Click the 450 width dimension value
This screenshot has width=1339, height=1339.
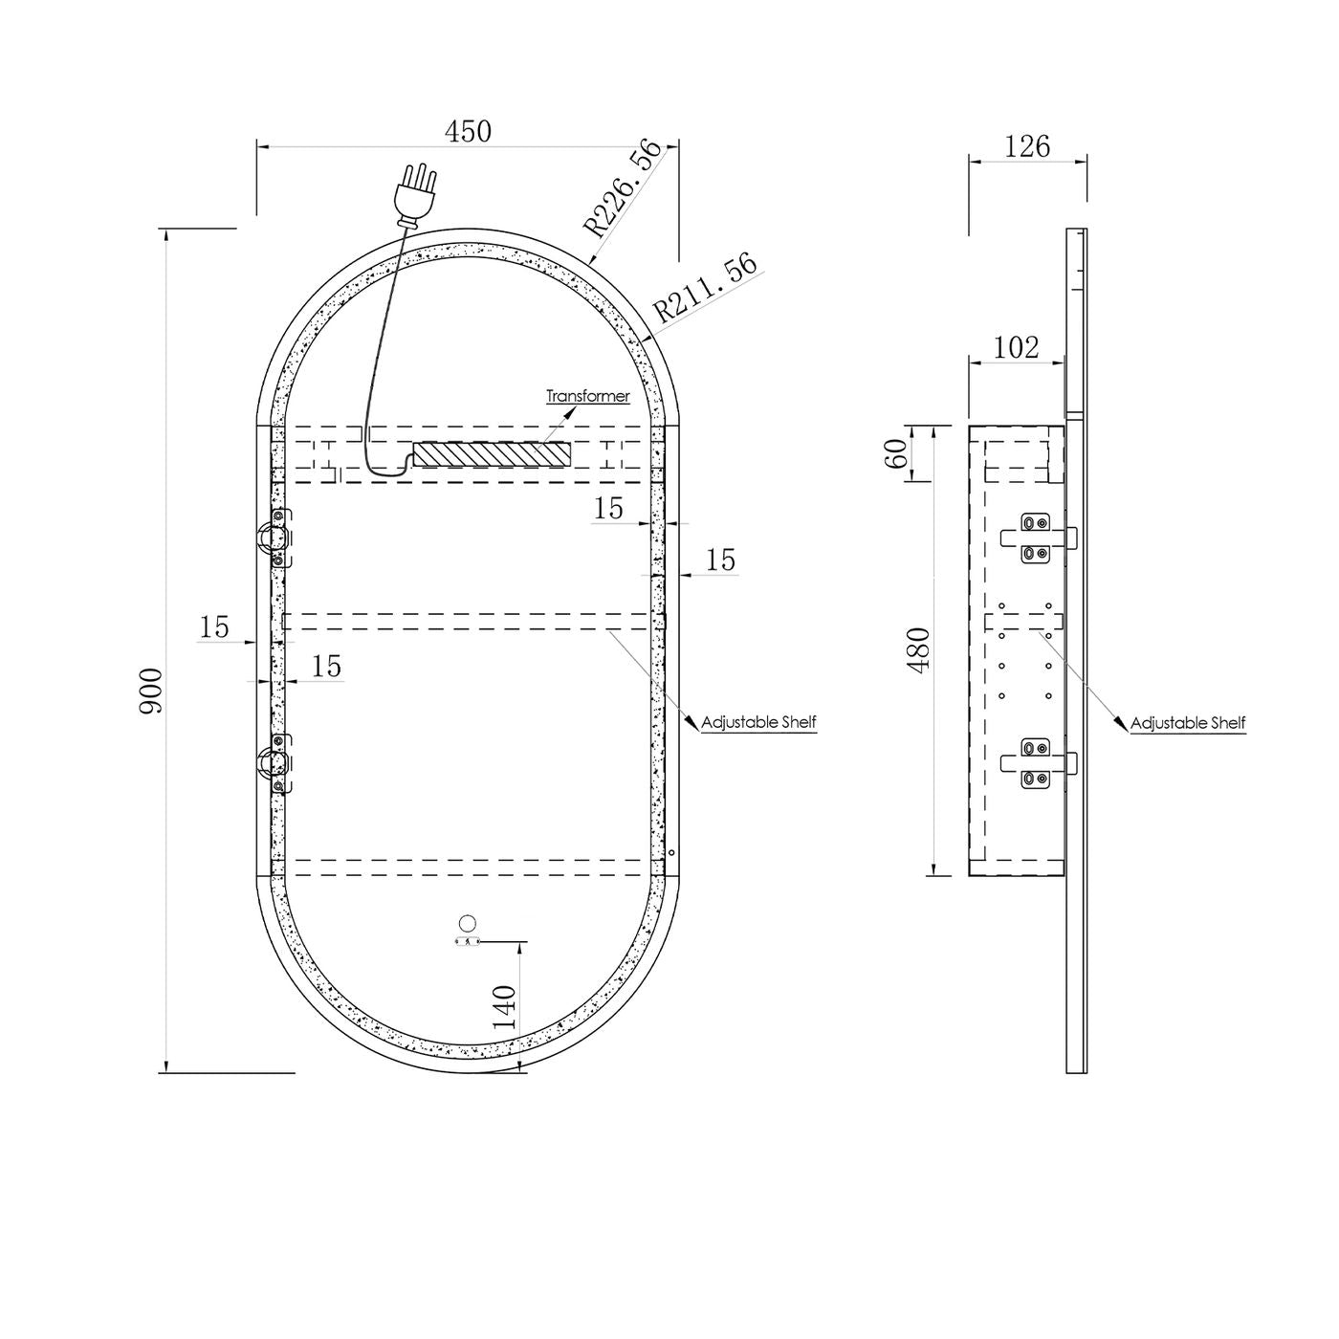468,131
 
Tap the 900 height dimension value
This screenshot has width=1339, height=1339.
151,691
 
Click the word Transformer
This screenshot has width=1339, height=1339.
588,396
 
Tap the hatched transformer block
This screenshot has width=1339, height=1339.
492,454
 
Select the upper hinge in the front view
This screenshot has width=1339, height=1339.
275,538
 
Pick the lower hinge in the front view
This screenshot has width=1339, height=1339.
275,762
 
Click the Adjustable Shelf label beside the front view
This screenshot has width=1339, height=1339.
758,722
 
